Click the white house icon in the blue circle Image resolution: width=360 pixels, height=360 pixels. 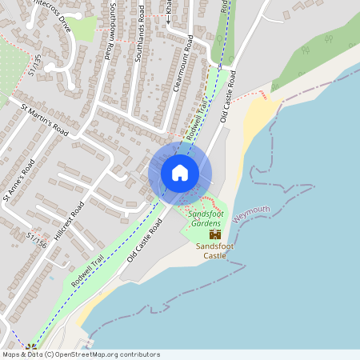180,172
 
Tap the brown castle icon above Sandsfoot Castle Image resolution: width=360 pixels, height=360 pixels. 214,234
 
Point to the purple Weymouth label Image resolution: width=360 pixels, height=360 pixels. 252,210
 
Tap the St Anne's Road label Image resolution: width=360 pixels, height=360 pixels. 18,180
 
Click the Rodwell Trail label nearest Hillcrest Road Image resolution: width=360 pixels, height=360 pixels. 87,270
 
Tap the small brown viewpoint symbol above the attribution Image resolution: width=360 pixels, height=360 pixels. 31,347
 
